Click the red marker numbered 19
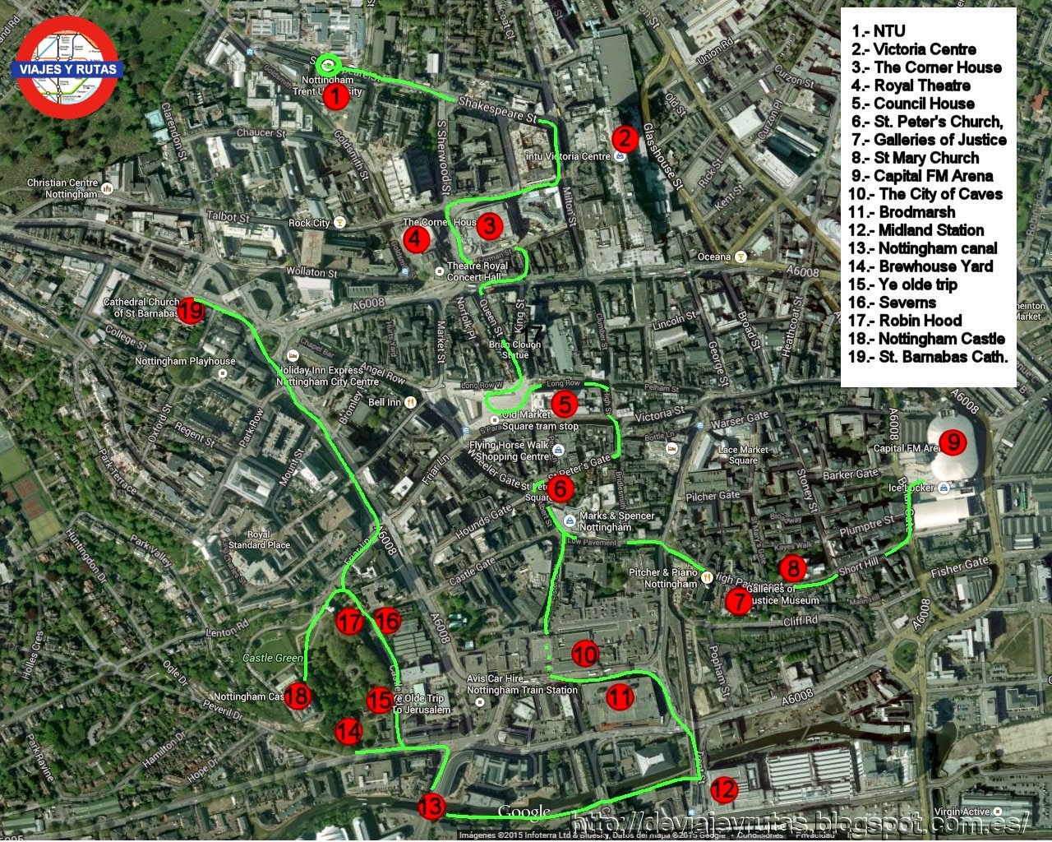pos(191,311)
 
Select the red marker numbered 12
pos(723,790)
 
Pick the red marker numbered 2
pos(625,138)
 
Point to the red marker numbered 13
pos(431,807)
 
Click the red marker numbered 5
pos(565,404)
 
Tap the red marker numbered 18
pos(298,696)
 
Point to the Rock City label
pos(309,223)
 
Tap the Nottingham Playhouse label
pos(184,361)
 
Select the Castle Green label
pos(273,658)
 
